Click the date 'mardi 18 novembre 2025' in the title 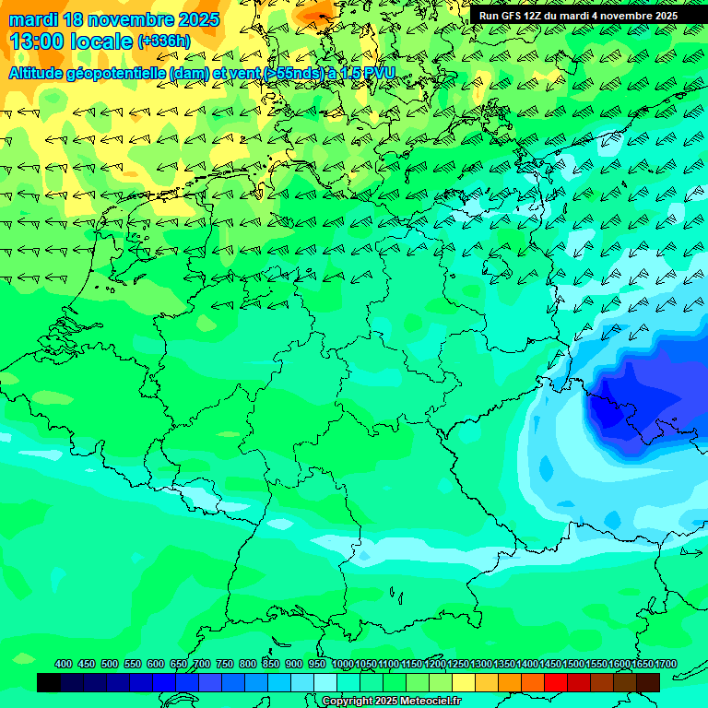click(x=114, y=19)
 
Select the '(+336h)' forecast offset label click(x=164, y=41)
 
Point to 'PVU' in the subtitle click(x=379, y=73)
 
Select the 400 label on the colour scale click(x=64, y=664)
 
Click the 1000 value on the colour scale click(x=343, y=664)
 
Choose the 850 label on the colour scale click(x=271, y=664)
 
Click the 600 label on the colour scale click(x=156, y=664)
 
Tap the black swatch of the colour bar click(x=49, y=682)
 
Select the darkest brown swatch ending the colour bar click(x=648, y=682)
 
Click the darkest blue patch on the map click(x=636, y=401)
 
